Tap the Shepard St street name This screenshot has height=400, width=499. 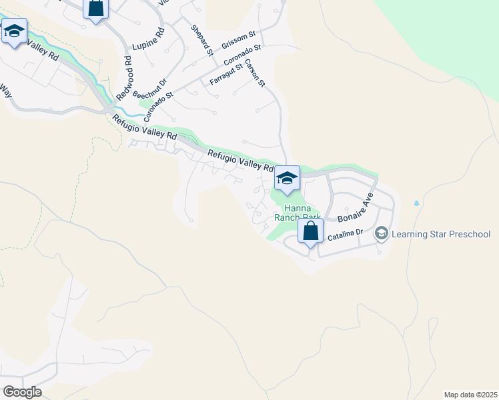[201, 40]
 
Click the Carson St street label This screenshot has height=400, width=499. [256, 73]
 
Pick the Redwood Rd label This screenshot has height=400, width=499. [125, 79]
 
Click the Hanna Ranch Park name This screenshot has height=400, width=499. [295, 212]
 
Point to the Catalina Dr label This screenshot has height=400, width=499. [344, 232]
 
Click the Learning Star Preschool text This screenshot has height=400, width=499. [441, 234]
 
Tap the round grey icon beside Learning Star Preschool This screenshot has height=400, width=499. [382, 233]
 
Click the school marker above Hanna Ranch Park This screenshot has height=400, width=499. [287, 178]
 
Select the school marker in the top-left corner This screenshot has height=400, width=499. [14, 31]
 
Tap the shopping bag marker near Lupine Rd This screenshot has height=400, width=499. [96, 9]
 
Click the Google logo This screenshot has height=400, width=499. [22, 392]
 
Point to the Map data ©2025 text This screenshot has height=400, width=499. [470, 394]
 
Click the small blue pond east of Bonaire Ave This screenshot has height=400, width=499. [417, 203]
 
